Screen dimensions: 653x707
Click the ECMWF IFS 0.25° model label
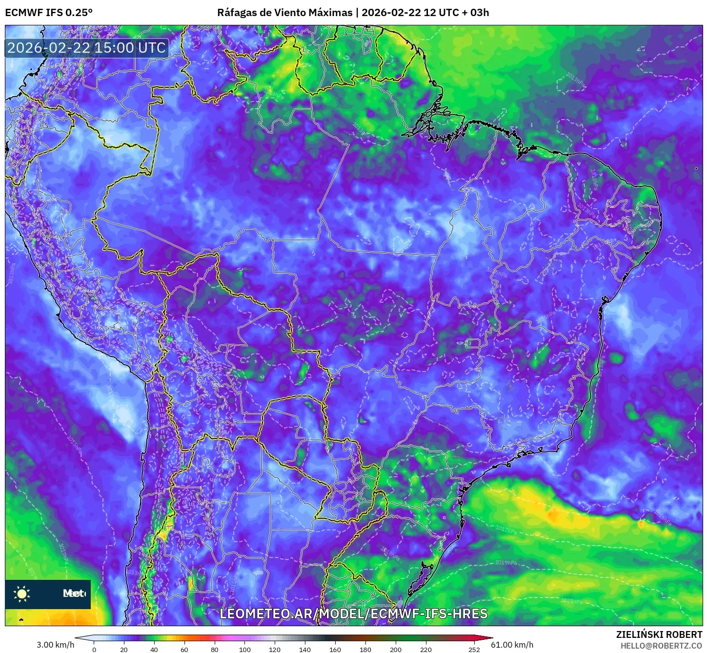pyautogui.click(x=49, y=12)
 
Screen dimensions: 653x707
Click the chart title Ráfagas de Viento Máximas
pyautogui.click(x=284, y=12)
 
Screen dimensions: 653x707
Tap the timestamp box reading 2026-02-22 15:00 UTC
pyautogui.click(x=87, y=48)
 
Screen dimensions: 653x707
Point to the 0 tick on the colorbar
pyautogui.click(x=94, y=649)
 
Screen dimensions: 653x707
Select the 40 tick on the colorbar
pyautogui.click(x=154, y=649)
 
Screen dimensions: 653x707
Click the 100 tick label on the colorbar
pyautogui.click(x=245, y=649)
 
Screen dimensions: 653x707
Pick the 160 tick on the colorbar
pyautogui.click(x=335, y=649)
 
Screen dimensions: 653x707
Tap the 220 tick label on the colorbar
pyautogui.click(x=426, y=649)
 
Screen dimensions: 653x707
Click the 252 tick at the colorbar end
pyautogui.click(x=474, y=649)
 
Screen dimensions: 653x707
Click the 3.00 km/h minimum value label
pyautogui.click(x=56, y=645)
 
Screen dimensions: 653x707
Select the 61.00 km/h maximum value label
pyautogui.click(x=512, y=645)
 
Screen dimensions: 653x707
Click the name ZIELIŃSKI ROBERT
pyautogui.click(x=659, y=634)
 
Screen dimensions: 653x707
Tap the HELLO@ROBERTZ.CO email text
pyautogui.click(x=661, y=646)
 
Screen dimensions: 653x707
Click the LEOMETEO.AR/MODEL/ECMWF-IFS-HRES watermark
pyautogui.click(x=354, y=613)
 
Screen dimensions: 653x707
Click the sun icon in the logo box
pyautogui.click(x=22, y=594)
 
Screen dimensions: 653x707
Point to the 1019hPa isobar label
pyautogui.click(x=506, y=562)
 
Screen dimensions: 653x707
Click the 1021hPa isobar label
pyautogui.click(x=571, y=601)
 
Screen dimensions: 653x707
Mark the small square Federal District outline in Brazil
pyautogui.click(x=473, y=343)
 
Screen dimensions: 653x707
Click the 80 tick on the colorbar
pyautogui.click(x=215, y=649)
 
